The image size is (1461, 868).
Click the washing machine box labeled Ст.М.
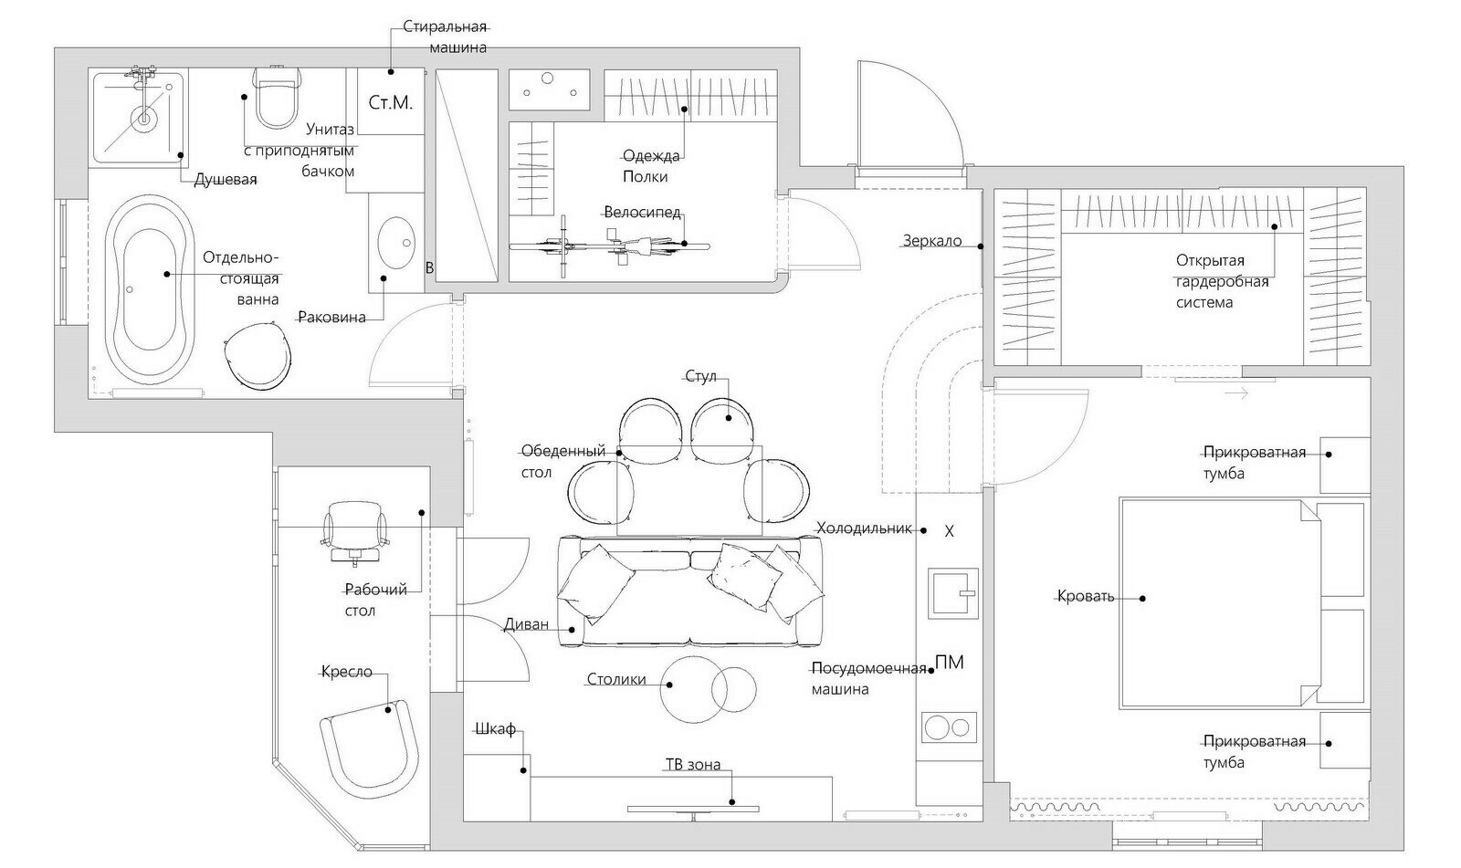pyautogui.click(x=391, y=102)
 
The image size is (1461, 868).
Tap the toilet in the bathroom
pyautogui.click(x=278, y=97)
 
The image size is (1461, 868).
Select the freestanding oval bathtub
pyautogui.click(x=150, y=289)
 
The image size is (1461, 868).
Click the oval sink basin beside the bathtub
pyautogui.click(x=396, y=243)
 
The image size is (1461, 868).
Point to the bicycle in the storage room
pyautogui.click(x=608, y=246)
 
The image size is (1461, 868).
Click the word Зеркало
pyautogui.click(x=932, y=241)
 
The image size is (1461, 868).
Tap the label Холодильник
pyautogui.click(x=864, y=528)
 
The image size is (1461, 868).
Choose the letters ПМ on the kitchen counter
pyautogui.click(x=949, y=663)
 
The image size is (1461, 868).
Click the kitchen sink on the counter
pyautogui.click(x=953, y=592)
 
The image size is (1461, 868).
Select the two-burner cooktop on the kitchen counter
pyautogui.click(x=949, y=727)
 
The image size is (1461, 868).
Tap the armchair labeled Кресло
pyautogui.click(x=370, y=751)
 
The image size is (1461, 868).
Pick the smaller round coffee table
pyautogui.click(x=734, y=689)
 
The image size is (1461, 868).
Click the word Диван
pyautogui.click(x=526, y=624)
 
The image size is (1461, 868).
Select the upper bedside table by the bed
pyautogui.click(x=1345, y=465)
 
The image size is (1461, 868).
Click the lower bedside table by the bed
pyautogui.click(x=1345, y=740)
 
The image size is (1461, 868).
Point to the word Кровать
pyautogui.click(x=1086, y=595)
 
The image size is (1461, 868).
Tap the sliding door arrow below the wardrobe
pyautogui.click(x=1236, y=393)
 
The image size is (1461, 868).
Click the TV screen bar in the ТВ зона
pyautogui.click(x=693, y=810)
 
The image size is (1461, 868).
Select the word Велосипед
pyautogui.click(x=643, y=212)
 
